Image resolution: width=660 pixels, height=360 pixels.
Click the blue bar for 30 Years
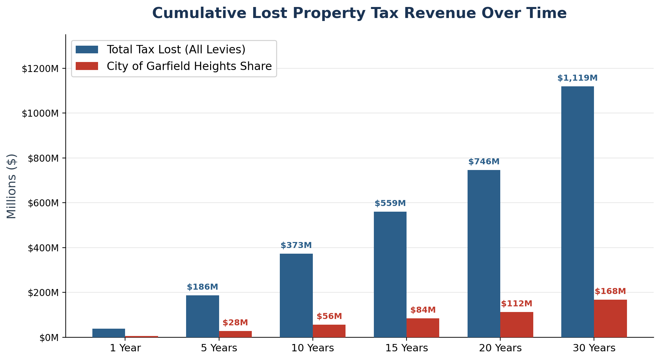[577, 212]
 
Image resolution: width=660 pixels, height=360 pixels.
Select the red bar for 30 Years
[610, 318]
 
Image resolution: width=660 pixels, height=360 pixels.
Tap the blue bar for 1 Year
[109, 333]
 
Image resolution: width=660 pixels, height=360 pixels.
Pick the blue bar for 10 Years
[296, 295]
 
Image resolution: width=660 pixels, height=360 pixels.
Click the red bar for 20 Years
[517, 324]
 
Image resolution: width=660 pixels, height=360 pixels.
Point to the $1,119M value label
[577, 78]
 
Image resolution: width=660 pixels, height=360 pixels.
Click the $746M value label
[484, 162]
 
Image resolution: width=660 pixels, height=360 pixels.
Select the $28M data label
[235, 323]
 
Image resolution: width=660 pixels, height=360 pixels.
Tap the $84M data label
[423, 310]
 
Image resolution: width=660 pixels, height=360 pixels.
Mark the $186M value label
[202, 287]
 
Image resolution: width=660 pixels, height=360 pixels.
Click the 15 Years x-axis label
[407, 348]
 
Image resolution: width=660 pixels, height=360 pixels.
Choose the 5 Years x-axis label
[219, 348]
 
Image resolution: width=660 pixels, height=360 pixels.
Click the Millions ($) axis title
[12, 186]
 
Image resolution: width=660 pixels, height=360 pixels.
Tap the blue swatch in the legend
[87, 50]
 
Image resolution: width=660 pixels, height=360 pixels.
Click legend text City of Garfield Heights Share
[189, 66]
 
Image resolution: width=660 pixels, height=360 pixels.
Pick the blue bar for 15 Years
[390, 274]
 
